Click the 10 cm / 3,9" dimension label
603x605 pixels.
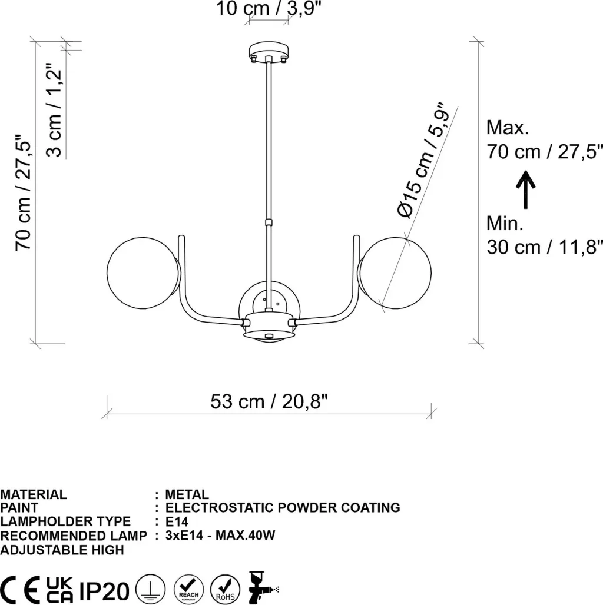pyautogui.click(x=269, y=8)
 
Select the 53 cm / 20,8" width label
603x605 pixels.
pyautogui.click(x=269, y=401)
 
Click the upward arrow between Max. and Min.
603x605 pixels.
pyautogui.click(x=525, y=190)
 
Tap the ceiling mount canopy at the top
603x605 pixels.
pyautogui.click(x=269, y=52)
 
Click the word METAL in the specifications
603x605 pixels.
pyautogui.click(x=187, y=494)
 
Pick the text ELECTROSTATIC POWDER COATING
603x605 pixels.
pyautogui.click(x=283, y=507)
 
